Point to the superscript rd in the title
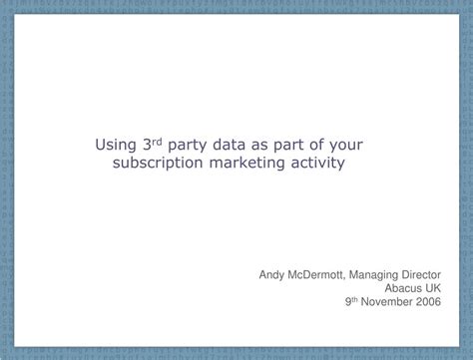pos(157,140)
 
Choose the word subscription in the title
pos(159,163)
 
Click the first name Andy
pos(273,270)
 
